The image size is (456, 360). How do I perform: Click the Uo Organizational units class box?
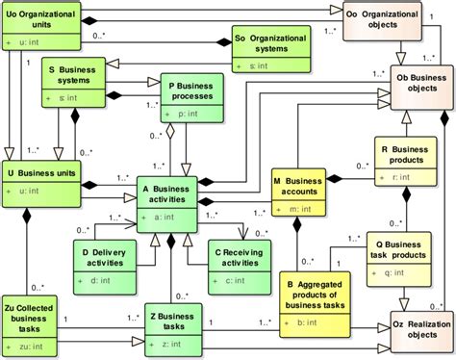tap(35, 24)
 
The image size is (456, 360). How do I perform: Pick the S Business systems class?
tap(78, 83)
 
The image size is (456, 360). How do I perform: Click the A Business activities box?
tap(167, 203)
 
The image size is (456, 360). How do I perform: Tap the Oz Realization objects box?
tap(420, 326)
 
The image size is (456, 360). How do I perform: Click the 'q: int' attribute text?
tap(393, 272)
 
